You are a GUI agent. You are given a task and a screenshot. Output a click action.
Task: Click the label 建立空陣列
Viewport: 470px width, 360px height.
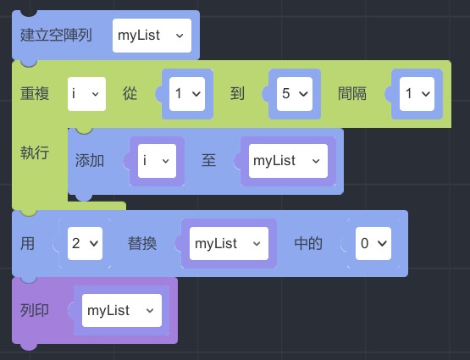coord(56,35)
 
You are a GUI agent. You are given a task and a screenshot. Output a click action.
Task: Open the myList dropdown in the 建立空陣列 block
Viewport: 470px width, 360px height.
coord(152,36)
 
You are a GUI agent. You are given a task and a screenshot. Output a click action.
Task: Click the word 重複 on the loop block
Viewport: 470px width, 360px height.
coord(35,93)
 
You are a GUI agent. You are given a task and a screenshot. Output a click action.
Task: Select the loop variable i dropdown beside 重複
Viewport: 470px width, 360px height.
coord(86,94)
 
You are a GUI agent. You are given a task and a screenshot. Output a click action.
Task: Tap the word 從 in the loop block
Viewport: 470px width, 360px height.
coord(130,93)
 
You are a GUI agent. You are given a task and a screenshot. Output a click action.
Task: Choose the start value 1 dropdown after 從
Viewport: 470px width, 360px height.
coord(187,94)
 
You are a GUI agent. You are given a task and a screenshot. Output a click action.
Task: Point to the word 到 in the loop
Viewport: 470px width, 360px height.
coord(237,93)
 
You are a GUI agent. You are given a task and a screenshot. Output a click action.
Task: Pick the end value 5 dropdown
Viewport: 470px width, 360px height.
coord(295,94)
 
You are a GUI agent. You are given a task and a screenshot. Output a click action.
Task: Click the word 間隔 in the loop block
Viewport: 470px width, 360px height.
coord(352,93)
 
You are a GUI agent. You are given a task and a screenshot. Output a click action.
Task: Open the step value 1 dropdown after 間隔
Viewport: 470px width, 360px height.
coord(417,94)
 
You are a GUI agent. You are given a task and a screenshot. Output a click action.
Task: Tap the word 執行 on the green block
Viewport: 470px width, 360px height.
coord(35,152)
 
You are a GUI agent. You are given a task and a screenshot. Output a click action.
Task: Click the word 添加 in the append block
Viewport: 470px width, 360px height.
coord(90,160)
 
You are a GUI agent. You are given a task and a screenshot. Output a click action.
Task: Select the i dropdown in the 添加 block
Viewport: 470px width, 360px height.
coord(157,161)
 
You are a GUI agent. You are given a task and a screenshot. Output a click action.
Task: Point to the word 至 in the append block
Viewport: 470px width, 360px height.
coord(208,160)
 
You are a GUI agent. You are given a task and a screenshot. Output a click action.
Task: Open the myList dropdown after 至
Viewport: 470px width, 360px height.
coord(289,161)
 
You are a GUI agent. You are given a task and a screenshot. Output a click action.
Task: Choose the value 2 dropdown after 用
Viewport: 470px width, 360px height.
coord(86,243)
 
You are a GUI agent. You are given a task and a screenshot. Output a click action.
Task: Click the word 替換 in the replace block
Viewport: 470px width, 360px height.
coord(142,243)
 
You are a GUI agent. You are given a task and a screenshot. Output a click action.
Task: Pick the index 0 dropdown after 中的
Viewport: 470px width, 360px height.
coord(373,243)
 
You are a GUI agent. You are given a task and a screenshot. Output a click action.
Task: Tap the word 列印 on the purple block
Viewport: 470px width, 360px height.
coord(35,310)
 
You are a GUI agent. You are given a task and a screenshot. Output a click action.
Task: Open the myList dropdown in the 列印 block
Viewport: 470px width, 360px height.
coord(122,311)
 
